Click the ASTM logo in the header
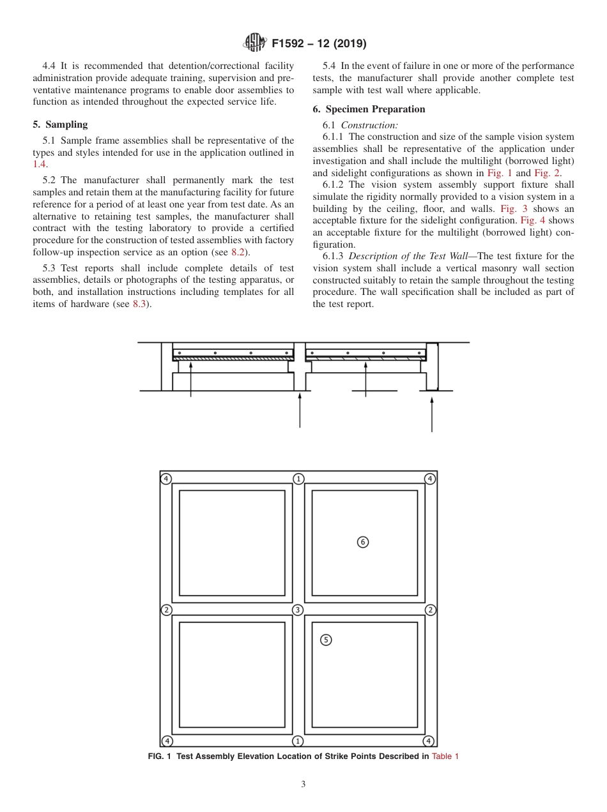tap(256, 43)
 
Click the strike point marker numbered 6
tap(362, 542)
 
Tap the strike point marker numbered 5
tap(326, 640)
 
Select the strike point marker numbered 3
tap(298, 610)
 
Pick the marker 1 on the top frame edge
tap(298, 479)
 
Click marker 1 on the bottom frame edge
tap(298, 741)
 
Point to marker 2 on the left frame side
tap(166, 610)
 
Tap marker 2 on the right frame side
tap(431, 610)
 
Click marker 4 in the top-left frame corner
tap(166, 479)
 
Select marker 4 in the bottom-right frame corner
tap(429, 741)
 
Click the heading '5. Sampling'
tap(60, 124)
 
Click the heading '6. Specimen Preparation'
tap(369, 109)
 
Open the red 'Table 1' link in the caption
tap(445, 756)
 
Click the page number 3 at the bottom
tap(303, 785)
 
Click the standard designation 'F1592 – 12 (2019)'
tap(319, 43)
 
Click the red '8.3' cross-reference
tap(141, 304)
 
